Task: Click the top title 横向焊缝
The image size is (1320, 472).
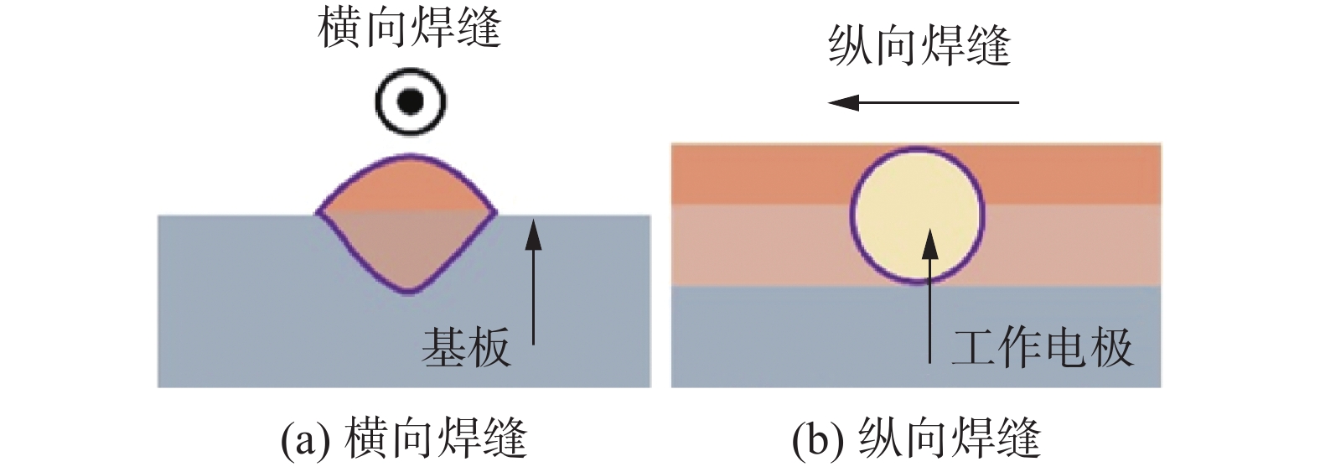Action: click(x=409, y=28)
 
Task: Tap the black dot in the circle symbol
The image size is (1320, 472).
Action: click(x=410, y=101)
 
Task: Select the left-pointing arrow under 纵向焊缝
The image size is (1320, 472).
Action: click(x=922, y=102)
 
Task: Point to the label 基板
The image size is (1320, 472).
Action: click(x=465, y=346)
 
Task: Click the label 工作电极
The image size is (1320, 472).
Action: click(x=1042, y=346)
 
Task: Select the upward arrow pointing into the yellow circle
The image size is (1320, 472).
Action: click(x=929, y=293)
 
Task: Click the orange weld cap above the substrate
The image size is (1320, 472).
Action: click(x=407, y=188)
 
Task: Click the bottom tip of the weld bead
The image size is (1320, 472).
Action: click(x=407, y=291)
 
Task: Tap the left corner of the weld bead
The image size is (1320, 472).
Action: click(x=318, y=214)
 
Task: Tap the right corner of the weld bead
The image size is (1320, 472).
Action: click(x=496, y=214)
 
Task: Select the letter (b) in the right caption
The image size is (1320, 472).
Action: click(x=814, y=438)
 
